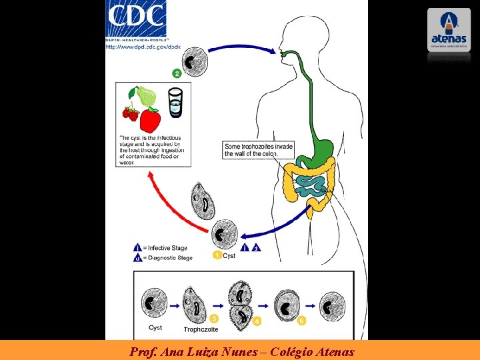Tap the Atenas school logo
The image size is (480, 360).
pos(449,29)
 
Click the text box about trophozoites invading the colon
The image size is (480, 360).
pos(258,150)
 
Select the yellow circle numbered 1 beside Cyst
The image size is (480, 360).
pos(217,255)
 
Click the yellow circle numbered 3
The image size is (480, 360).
pos(215,319)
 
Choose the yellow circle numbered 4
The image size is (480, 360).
pos(257,321)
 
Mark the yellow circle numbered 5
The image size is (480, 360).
pos(301,321)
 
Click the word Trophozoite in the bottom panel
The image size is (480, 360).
pos(201,329)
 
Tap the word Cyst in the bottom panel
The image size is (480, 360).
pos(155,327)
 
